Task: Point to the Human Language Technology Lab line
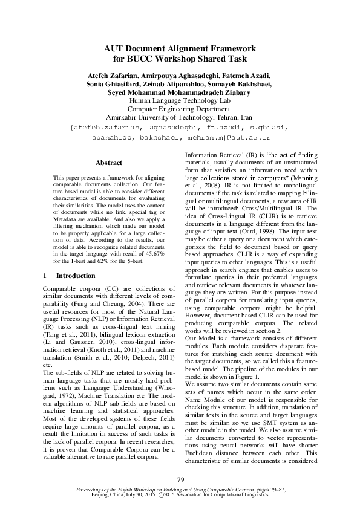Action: coord(180,100)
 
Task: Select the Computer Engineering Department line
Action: coord(180,109)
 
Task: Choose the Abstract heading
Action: coord(109,163)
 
